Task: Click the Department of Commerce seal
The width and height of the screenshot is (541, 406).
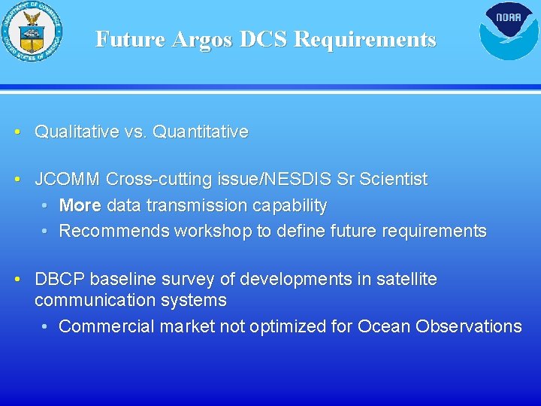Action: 32,32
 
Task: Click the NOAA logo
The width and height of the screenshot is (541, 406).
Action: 509,31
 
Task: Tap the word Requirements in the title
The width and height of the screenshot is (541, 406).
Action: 365,39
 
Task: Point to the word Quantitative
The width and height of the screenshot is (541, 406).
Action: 200,132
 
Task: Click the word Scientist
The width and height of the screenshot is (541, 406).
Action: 393,180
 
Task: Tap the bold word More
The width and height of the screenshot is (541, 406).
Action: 80,206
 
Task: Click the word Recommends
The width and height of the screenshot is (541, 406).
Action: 114,232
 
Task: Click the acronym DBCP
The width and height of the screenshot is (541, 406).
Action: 59,280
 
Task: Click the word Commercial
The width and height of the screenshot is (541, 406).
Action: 104,327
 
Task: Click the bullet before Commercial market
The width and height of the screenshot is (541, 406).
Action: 46,327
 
